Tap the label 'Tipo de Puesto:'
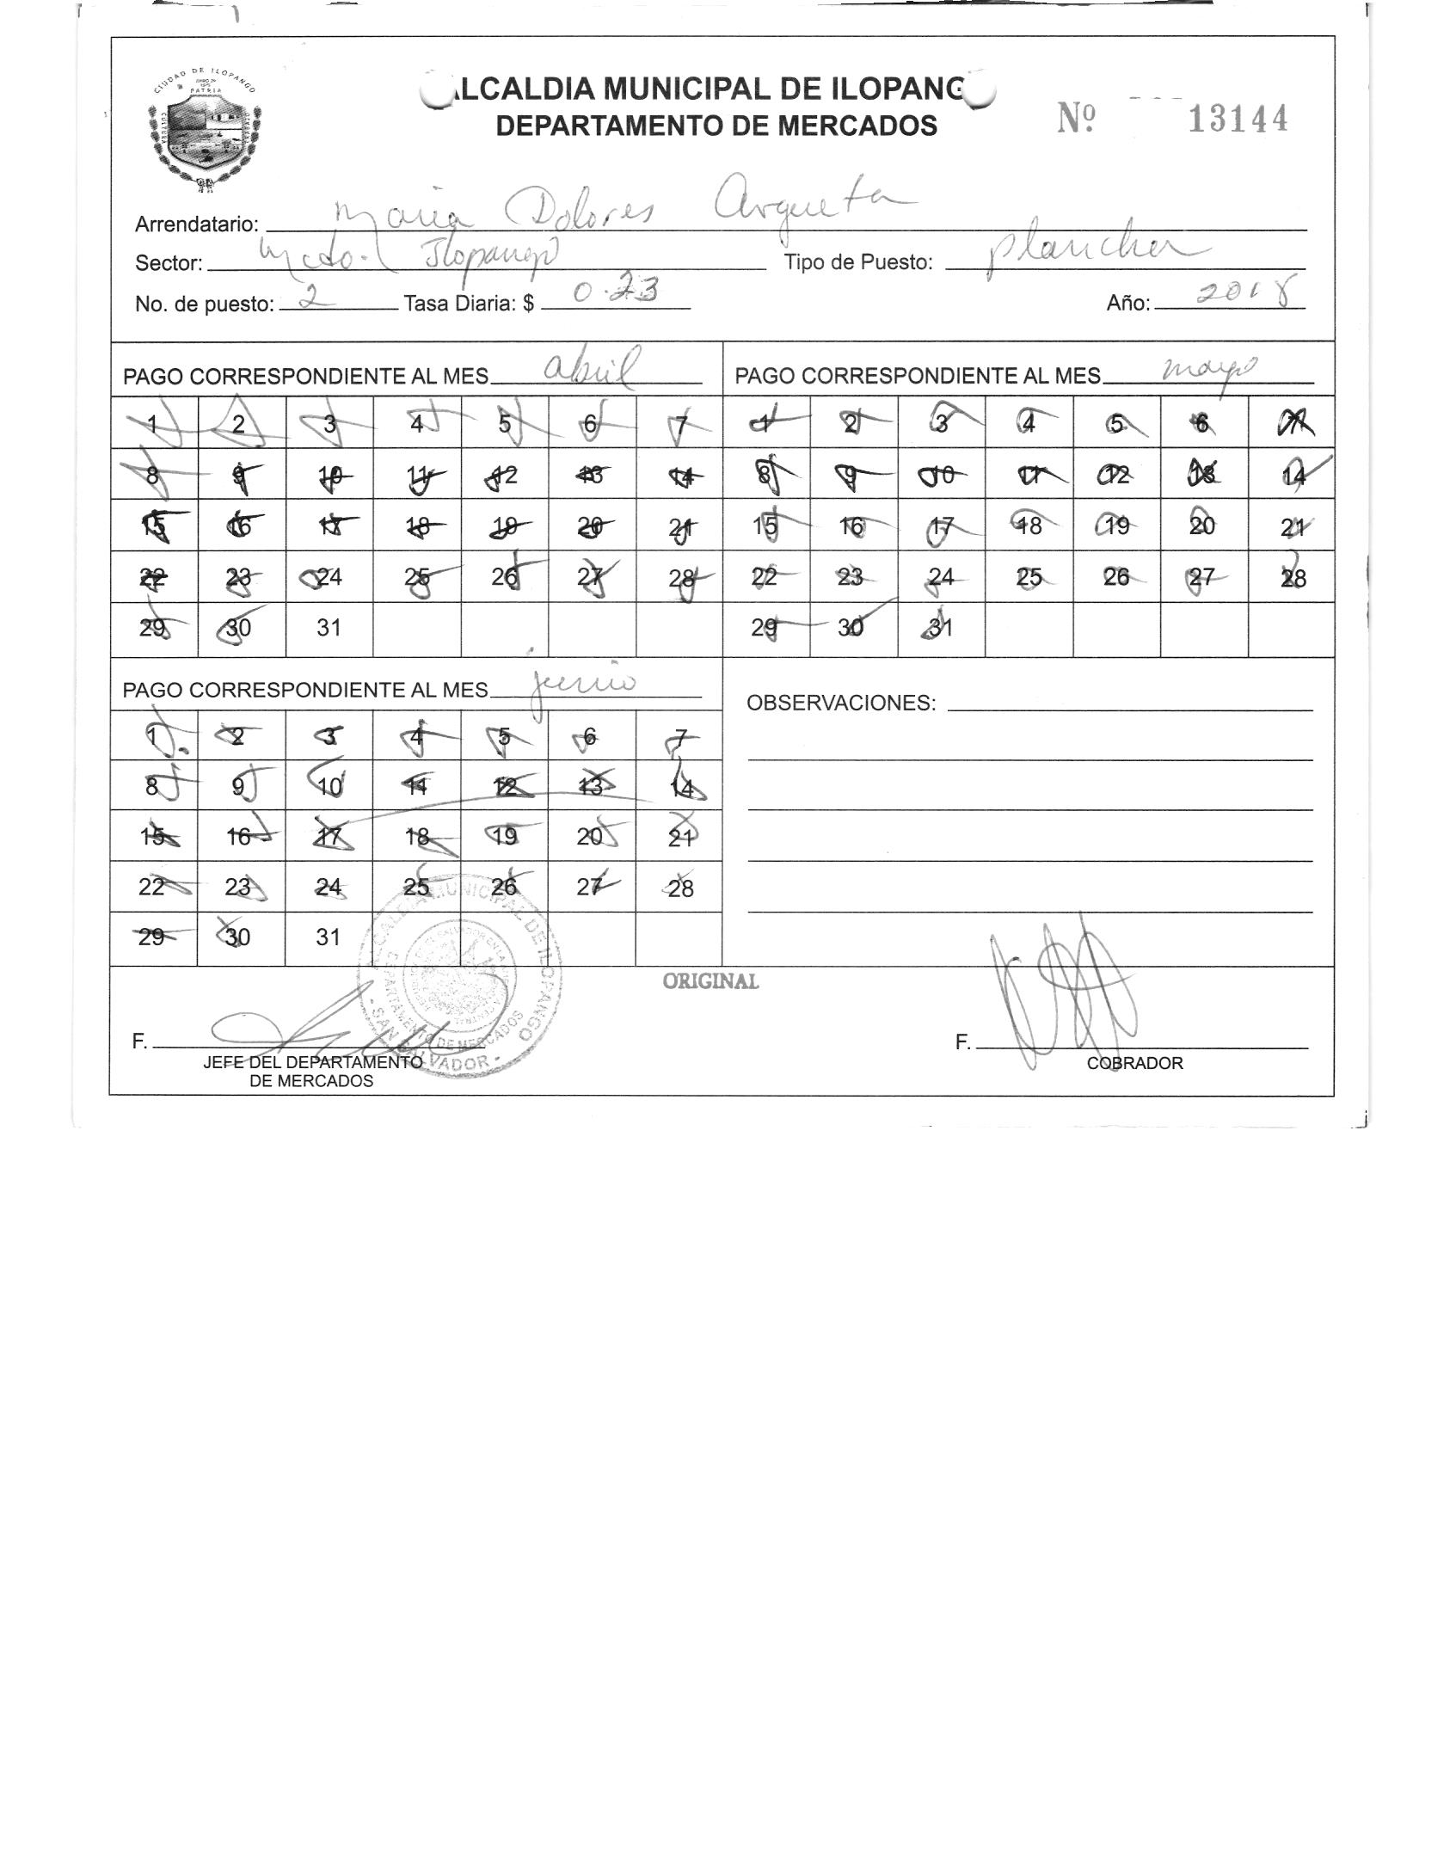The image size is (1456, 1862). [x=857, y=263]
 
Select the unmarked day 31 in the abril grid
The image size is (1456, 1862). [x=329, y=629]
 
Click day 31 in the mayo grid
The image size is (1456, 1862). [x=942, y=629]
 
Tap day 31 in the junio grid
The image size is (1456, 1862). [x=328, y=937]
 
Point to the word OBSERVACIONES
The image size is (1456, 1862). [x=840, y=704]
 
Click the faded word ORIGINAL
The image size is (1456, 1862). [x=710, y=982]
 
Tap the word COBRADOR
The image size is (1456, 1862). [x=1134, y=1064]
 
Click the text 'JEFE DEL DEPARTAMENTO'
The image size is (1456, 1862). [x=312, y=1063]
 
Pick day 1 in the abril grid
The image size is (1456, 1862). [x=154, y=423]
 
